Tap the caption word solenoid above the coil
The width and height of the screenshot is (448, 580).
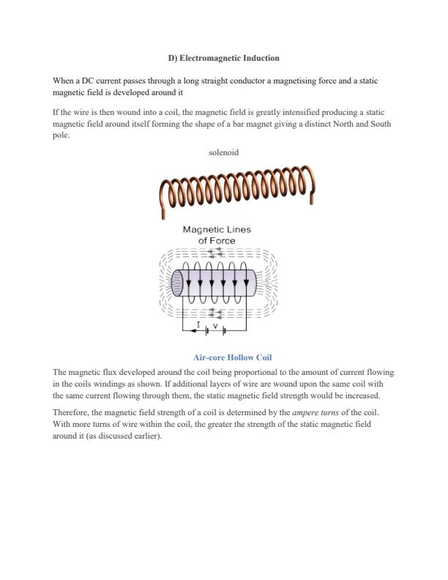coord(223,152)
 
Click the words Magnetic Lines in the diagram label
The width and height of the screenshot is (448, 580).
coord(217,229)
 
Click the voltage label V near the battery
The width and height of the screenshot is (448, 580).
coord(215,325)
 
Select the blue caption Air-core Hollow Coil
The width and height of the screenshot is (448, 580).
coord(232,357)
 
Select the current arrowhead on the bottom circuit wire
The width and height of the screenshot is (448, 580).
coord(193,331)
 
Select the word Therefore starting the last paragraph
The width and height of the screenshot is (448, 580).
coord(72,412)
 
